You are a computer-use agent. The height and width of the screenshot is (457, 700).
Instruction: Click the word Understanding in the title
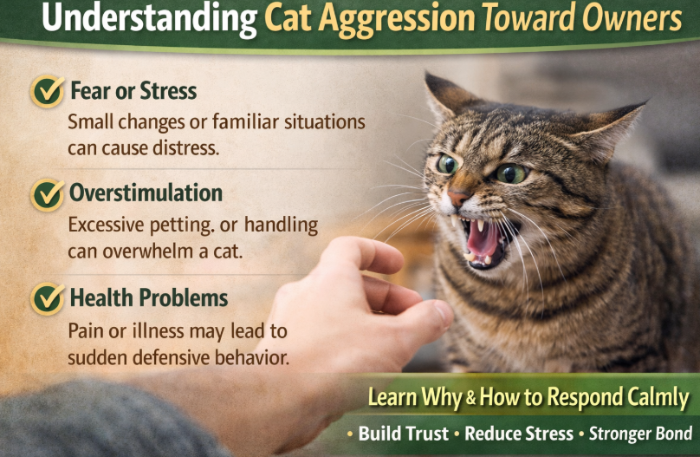tap(150, 18)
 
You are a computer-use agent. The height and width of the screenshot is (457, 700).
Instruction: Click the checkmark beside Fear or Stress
tap(48, 91)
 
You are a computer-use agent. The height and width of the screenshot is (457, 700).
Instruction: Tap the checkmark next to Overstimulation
tap(48, 195)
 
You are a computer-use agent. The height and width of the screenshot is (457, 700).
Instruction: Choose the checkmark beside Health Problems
tap(48, 298)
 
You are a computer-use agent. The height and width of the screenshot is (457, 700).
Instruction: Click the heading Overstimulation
tap(146, 193)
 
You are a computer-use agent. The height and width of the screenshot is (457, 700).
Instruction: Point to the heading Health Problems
tap(149, 297)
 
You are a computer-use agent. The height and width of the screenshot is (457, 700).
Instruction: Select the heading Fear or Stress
tap(133, 91)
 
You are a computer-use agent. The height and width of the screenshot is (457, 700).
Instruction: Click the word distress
tap(186, 148)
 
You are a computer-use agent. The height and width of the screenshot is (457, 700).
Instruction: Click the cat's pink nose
tap(459, 197)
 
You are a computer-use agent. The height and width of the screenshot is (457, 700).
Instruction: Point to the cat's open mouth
tap(484, 241)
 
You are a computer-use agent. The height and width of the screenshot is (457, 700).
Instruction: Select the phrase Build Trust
tap(403, 434)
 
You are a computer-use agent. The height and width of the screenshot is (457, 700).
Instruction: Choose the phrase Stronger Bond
tap(640, 434)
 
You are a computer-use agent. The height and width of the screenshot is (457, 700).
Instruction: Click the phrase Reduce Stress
tap(519, 434)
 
